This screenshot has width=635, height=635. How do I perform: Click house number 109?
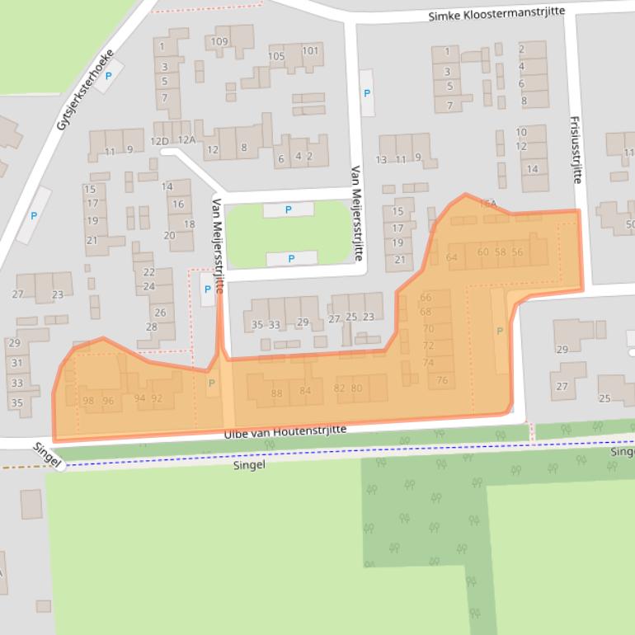[219, 41]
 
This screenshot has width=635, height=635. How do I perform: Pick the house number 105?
[276, 57]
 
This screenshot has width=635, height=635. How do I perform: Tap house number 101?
[310, 50]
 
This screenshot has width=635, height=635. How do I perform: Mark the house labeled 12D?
[159, 141]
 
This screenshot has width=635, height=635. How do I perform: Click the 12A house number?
[186, 141]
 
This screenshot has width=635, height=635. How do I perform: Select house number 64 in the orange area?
[451, 257]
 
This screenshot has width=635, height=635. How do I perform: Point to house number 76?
[443, 380]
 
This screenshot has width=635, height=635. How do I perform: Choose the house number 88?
[276, 393]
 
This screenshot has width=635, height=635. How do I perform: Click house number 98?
[88, 401]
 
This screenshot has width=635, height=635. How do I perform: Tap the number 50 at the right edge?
[630, 224]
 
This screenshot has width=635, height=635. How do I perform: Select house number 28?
[152, 327]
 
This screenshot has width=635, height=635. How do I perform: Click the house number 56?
[517, 252]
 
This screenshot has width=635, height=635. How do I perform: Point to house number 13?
[381, 160]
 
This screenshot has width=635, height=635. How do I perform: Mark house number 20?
[170, 235]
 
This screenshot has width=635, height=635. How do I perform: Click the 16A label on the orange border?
[489, 203]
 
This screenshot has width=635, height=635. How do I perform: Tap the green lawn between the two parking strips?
[289, 234]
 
